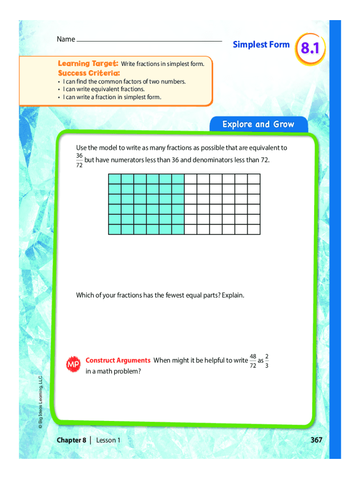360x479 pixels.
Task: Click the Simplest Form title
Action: pos(261,45)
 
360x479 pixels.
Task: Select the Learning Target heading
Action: pos(88,63)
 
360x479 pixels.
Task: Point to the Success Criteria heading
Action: pos(88,73)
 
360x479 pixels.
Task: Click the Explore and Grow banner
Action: pos(258,124)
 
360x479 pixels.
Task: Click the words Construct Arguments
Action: pos(118,360)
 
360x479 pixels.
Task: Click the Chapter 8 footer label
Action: pos(72,440)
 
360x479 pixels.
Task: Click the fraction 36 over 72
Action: pos(79,160)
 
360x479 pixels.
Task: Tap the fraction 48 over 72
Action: pos(252,361)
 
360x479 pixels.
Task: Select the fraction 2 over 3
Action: pos(266,361)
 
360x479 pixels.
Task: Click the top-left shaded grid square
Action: pos(115,179)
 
